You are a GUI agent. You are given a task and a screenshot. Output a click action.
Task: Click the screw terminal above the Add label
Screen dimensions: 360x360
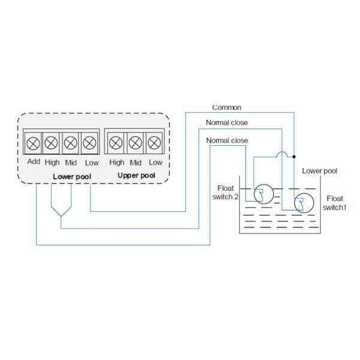coord(34,143)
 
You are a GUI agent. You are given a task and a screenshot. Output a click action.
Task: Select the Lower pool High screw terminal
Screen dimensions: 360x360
coord(52,143)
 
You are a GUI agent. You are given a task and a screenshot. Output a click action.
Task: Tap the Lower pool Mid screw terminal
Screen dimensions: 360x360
coord(71,143)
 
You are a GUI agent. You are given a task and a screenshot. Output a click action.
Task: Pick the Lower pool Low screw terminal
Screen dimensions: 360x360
coord(89,143)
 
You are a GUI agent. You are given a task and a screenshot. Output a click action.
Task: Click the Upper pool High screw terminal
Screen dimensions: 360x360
coord(116,143)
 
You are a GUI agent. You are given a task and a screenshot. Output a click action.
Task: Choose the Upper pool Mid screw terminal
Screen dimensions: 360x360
coord(136,143)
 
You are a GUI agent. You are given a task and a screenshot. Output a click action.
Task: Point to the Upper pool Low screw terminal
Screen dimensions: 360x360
coord(155,143)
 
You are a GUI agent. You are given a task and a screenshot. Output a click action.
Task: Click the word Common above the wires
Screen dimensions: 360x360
coord(227,108)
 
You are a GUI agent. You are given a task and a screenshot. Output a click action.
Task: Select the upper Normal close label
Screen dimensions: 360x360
coord(227,123)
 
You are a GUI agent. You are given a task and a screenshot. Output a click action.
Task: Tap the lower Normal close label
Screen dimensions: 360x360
coord(227,140)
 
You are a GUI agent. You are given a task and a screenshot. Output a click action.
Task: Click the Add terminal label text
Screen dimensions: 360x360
coord(34,162)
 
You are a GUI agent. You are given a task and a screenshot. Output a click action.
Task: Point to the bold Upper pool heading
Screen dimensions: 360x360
coord(136,176)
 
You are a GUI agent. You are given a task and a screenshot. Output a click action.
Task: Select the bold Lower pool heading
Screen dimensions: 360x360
coord(72,176)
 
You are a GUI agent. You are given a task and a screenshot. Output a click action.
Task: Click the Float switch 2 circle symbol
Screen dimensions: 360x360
coord(262,196)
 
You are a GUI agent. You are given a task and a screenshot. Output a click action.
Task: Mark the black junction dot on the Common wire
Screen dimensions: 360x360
coord(294,157)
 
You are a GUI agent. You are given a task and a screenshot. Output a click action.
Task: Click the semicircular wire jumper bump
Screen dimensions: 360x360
coord(281,154)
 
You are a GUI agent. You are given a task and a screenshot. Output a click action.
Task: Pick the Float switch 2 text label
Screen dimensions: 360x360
coord(226,192)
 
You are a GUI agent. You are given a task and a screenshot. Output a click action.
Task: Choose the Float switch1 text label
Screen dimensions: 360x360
coord(334,203)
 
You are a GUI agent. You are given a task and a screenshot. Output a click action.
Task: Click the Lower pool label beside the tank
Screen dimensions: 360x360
coord(319,171)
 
